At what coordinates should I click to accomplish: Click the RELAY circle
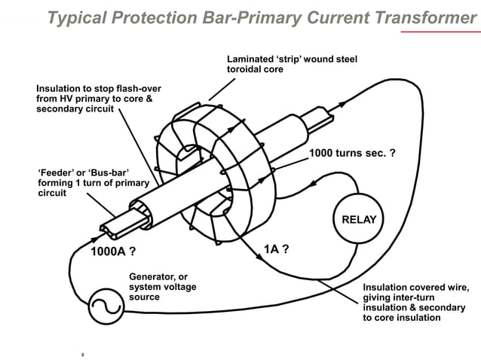(x=359, y=220)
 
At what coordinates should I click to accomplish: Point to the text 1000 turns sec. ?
(x=353, y=154)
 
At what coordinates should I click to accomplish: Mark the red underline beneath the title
(x=440, y=32)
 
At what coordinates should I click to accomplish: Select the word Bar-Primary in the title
(x=223, y=17)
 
